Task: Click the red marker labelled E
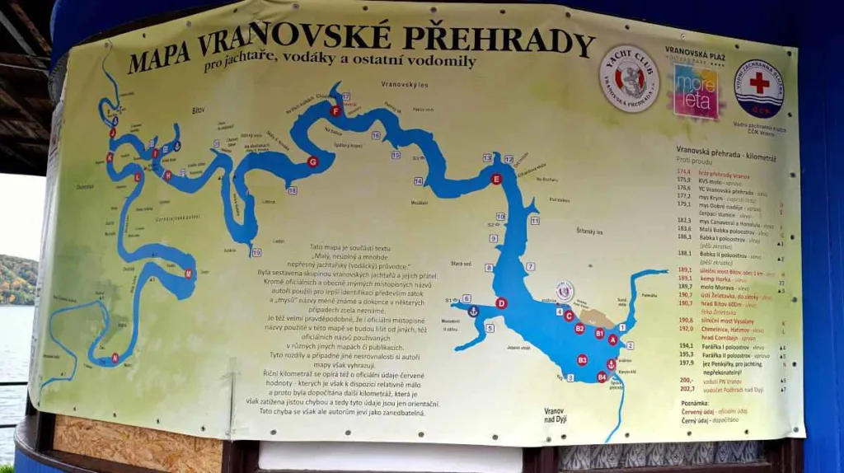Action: pos(495,179)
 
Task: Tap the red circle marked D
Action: pos(501,303)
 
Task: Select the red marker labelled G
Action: pos(312,162)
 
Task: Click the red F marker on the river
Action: pos(335,111)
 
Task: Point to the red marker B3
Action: pos(582,360)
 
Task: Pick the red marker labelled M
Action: pos(189,274)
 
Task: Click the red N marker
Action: pos(115,357)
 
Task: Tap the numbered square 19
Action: pos(256,252)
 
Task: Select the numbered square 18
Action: pos(292,190)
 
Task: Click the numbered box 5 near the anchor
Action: pos(489,328)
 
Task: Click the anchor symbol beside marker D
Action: pos(473,311)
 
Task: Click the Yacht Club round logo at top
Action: pos(629,78)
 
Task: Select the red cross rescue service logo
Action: pos(758,87)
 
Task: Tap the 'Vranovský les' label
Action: pos(401,84)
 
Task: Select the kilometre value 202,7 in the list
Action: pos(686,389)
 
